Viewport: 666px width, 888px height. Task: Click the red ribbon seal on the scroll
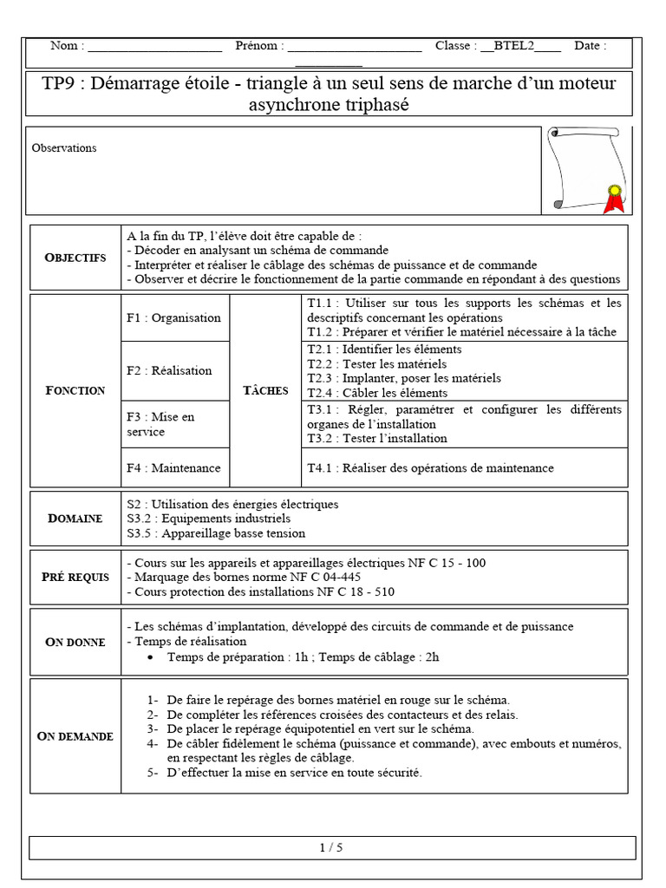(615, 199)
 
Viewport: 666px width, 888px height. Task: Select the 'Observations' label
(64, 148)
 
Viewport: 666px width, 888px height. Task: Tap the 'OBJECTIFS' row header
(75, 258)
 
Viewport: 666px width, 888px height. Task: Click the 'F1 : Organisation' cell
(173, 317)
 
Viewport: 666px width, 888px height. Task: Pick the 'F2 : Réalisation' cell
(169, 370)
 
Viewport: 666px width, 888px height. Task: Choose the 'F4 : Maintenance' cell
(173, 468)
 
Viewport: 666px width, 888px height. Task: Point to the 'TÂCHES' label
(265, 390)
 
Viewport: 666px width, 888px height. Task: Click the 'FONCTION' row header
(75, 390)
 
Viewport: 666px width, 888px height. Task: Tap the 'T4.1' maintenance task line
(430, 468)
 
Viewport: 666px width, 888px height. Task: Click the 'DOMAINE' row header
(75, 518)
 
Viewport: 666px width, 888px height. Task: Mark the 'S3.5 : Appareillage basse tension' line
(216, 533)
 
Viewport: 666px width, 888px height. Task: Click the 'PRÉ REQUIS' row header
(75, 577)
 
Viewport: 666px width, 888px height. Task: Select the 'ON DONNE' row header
(75, 642)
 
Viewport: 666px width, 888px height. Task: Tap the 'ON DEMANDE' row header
(75, 736)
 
